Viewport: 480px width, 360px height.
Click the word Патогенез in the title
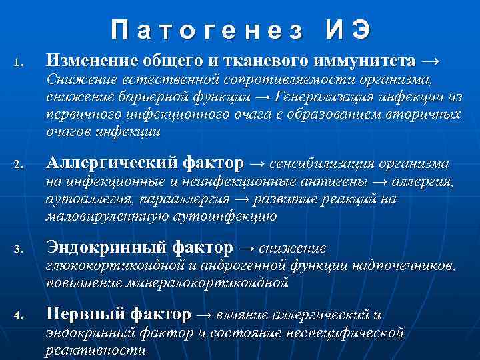[x=207, y=29]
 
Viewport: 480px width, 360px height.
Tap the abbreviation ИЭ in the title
[x=347, y=29]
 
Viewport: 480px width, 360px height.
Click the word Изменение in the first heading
[x=91, y=62]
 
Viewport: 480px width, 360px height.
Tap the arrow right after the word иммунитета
[x=431, y=62]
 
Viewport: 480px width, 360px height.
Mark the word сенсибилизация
[x=324, y=163]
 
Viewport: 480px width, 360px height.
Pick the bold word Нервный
[x=84, y=314]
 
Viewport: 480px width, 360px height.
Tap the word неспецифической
[x=354, y=332]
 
